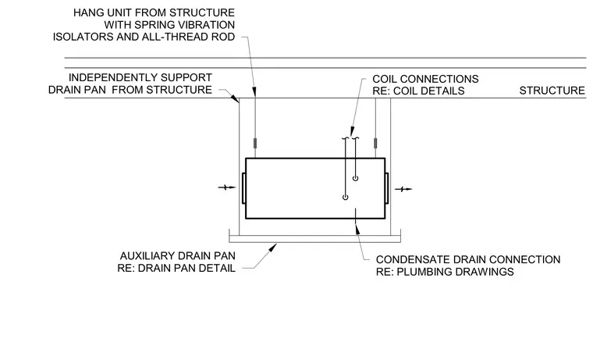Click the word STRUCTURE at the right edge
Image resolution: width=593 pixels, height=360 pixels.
pyautogui.click(x=552, y=91)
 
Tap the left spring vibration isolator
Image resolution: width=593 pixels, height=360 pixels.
pyautogui.click(x=255, y=144)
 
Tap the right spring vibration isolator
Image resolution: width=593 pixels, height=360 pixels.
pyautogui.click(x=375, y=144)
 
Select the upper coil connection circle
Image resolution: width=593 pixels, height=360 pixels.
pyautogui.click(x=355, y=178)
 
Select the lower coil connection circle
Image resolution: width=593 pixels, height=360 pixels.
pyautogui.click(x=346, y=198)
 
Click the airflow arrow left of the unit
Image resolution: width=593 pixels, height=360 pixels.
pyautogui.click(x=227, y=187)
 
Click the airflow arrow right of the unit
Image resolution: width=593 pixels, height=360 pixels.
pyautogui.click(x=403, y=189)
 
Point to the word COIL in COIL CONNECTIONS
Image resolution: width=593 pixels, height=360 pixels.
pyautogui.click(x=384, y=79)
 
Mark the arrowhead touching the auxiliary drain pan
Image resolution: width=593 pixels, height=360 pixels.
pyautogui.click(x=272, y=248)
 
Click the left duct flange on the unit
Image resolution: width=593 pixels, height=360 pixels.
pyautogui.click(x=244, y=188)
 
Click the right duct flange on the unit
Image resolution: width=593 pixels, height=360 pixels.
pyautogui.click(x=386, y=188)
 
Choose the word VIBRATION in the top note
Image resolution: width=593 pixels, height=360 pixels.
pyautogui.click(x=208, y=25)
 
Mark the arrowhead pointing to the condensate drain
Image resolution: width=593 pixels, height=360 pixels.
pyautogui.click(x=357, y=228)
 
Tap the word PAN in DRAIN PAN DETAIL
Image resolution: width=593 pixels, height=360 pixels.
pyautogui.click(x=188, y=268)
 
